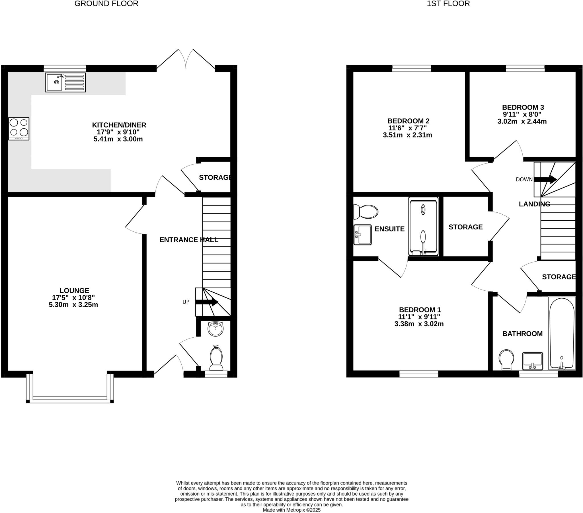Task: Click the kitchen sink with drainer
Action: point(65,83)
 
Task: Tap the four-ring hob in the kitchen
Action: point(19,129)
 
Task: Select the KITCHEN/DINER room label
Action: point(119,125)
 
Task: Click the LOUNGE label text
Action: point(75,290)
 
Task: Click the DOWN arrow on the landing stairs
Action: point(545,179)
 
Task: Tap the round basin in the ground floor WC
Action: point(215,329)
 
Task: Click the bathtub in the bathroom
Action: point(562,334)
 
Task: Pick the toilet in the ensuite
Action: point(366,212)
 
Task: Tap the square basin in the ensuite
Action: point(362,235)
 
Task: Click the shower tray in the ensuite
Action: point(423,226)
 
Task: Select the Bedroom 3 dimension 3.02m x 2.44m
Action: point(522,121)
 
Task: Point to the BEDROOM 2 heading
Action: point(408,121)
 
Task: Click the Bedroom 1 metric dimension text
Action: point(419,324)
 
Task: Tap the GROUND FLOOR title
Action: point(106,4)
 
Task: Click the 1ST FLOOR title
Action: point(448,4)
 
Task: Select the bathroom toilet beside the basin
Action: point(506,360)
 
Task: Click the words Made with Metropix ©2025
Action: point(291,510)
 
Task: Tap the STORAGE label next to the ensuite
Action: point(465,227)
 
